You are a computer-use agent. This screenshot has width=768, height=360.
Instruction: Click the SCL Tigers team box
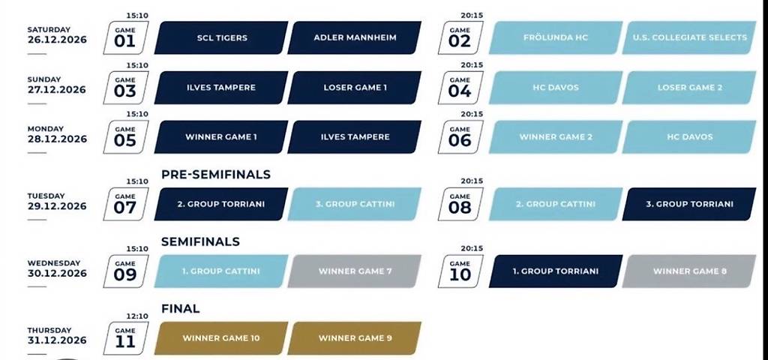[221, 37]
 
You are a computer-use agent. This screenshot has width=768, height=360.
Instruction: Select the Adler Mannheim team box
[355, 37]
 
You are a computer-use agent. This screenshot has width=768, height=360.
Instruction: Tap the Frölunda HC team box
[556, 37]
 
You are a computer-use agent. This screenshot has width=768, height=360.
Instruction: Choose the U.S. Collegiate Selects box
[689, 37]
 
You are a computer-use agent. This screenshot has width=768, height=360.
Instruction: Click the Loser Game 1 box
[355, 88]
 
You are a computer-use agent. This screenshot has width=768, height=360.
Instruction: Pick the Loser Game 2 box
[689, 88]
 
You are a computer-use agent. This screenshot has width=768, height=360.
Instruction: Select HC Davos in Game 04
[556, 88]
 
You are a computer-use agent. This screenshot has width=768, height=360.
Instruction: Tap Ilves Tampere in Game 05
[355, 137]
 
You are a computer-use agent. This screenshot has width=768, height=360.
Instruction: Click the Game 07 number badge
[125, 204]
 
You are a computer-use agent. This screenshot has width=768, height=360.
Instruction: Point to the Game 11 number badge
[125, 338]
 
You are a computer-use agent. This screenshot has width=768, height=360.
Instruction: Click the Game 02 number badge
[460, 37]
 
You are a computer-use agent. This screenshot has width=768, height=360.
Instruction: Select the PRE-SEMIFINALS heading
[216, 174]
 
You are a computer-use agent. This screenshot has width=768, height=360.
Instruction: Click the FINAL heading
[180, 308]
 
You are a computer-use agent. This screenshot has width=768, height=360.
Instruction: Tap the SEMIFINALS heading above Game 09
[200, 241]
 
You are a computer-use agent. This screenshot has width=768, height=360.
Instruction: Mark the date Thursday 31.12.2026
[57, 335]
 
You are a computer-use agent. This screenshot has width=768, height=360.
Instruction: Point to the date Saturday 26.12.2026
[57, 35]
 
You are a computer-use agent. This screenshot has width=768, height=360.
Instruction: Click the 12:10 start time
[137, 316]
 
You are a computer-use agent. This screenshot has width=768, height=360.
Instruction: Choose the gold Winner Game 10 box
[221, 338]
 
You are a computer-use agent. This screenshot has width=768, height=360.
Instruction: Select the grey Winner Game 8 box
[689, 271]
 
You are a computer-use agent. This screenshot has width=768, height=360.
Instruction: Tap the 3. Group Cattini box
[355, 204]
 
